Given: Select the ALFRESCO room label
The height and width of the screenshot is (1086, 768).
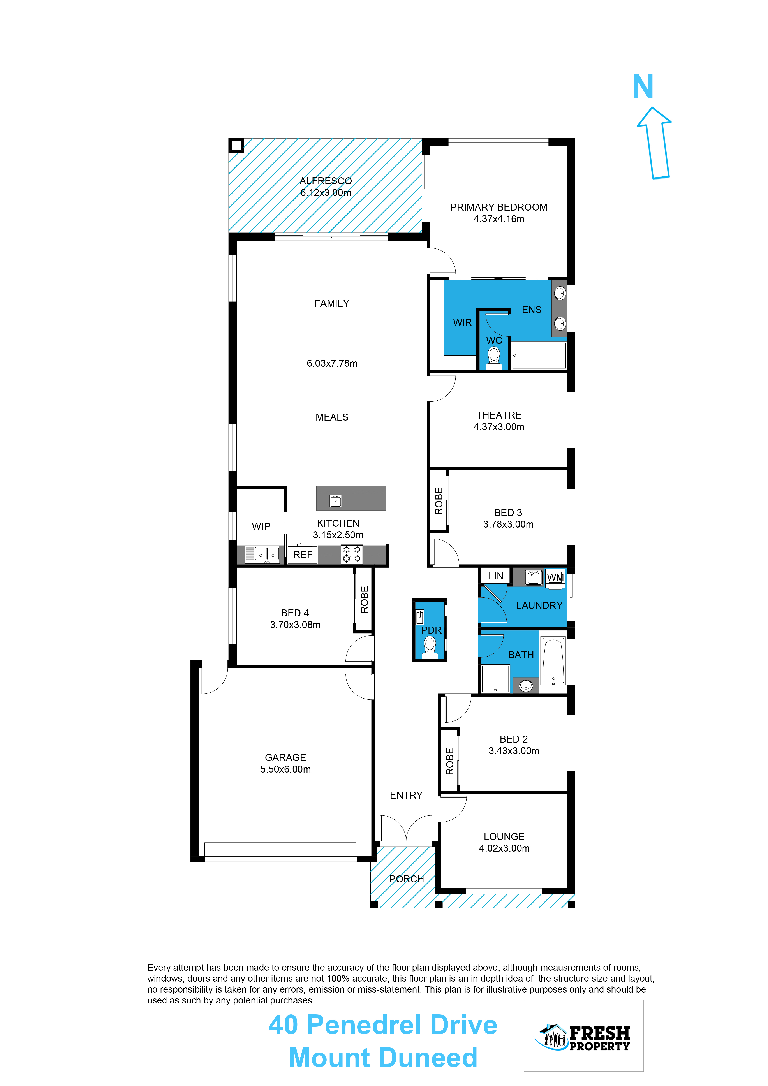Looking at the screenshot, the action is pos(326,181).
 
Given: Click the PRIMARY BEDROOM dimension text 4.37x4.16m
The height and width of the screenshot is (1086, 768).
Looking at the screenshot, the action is pos(499,219).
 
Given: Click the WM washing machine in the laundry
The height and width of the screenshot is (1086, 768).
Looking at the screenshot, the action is pos(555,577).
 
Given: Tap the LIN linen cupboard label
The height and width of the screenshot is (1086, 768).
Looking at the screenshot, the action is pos(496,576).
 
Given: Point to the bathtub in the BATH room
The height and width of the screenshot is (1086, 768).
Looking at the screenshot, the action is pos(553,661).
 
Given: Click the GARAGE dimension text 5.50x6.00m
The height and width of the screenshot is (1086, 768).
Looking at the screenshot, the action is pos(286,769).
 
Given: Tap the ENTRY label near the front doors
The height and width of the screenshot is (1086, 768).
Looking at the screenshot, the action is pos(406,795).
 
